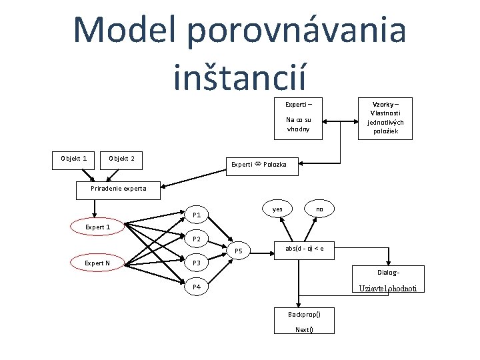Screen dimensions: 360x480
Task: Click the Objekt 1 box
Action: [x=74, y=159]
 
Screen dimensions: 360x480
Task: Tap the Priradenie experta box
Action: [x=117, y=189]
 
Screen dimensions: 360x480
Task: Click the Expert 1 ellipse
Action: [x=97, y=227]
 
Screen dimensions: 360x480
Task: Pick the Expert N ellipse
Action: [x=97, y=263]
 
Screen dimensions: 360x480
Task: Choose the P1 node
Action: [x=197, y=215]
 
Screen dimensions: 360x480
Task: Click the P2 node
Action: [x=197, y=239]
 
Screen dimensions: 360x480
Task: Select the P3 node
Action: [x=197, y=263]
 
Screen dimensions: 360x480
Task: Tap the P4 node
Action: [x=197, y=287]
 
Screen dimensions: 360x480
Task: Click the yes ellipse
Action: [x=278, y=209]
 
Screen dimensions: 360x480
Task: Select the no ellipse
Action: [x=319, y=209]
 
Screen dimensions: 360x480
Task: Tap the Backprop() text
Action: [x=304, y=314]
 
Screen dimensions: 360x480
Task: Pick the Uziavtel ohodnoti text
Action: [x=388, y=289]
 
